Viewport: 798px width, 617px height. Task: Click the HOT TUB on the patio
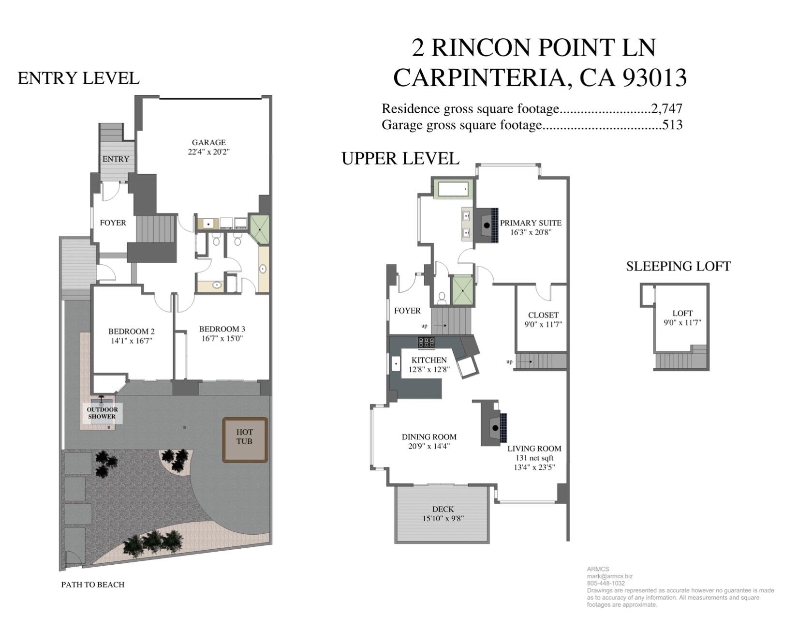pyautogui.click(x=245, y=439)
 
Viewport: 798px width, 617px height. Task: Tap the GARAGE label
pyautogui.click(x=208, y=142)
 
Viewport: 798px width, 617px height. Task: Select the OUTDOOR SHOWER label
pyautogui.click(x=102, y=413)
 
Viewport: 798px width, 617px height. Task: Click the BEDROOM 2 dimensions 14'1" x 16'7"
pyautogui.click(x=132, y=341)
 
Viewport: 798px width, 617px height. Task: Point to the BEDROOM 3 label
pyautogui.click(x=222, y=329)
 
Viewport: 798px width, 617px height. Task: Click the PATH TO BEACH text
pyautogui.click(x=92, y=584)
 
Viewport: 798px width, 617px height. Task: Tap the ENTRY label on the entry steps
pyautogui.click(x=116, y=159)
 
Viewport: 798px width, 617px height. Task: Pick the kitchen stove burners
pyautogui.click(x=427, y=343)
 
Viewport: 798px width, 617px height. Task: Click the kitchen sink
pyautogui.click(x=397, y=364)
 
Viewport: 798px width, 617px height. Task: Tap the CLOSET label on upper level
pyautogui.click(x=543, y=315)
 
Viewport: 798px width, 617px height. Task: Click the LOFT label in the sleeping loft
pyautogui.click(x=682, y=313)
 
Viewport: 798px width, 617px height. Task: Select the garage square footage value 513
pyautogui.click(x=672, y=125)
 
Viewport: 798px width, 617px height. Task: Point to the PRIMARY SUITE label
pyautogui.click(x=531, y=223)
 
